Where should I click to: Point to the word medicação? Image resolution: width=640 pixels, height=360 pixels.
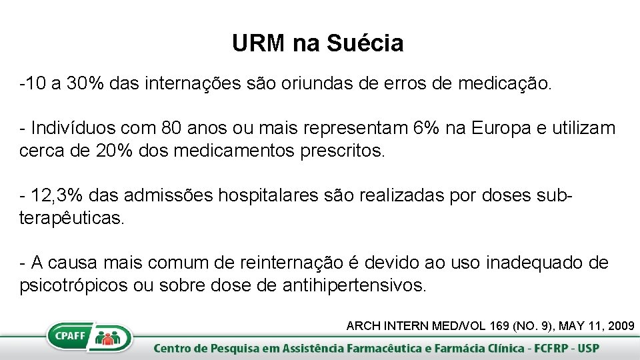point(503,85)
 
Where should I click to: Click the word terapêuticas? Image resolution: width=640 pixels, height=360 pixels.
point(72,218)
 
